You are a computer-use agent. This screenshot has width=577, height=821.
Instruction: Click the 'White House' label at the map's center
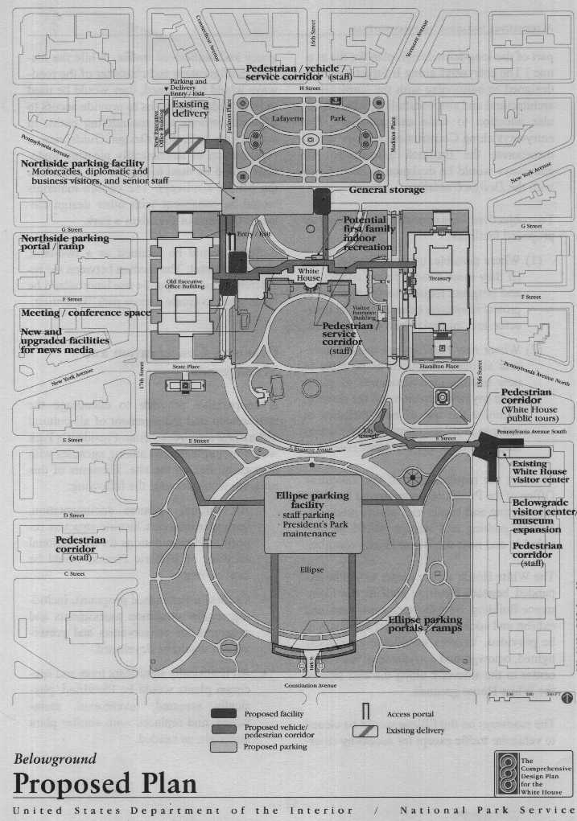[x=308, y=276]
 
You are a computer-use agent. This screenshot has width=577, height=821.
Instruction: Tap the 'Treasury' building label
[x=439, y=278]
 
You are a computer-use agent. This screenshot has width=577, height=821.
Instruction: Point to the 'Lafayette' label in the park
[x=286, y=117]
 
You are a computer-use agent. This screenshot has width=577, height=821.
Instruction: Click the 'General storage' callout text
[x=386, y=190]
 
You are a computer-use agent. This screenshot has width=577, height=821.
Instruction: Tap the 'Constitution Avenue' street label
[x=309, y=685]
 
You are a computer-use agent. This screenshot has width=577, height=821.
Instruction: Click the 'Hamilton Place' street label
[x=439, y=366]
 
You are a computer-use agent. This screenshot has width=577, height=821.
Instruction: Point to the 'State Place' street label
[x=186, y=366]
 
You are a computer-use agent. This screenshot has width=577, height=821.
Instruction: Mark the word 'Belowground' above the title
[x=56, y=758]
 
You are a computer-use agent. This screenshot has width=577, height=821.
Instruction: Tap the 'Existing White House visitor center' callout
[x=539, y=472]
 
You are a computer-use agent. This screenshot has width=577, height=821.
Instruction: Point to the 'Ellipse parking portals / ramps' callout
[x=425, y=624]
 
